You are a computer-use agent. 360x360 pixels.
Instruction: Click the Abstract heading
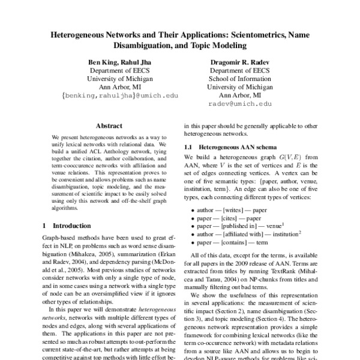click(x=110, y=126)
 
